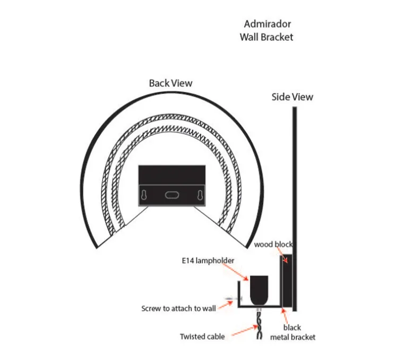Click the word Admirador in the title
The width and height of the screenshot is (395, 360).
267,24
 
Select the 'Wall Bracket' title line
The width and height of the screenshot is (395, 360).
266,37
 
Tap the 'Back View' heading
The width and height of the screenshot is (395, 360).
170,83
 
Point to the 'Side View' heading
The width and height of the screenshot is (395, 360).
292,97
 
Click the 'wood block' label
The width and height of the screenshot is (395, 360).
273,245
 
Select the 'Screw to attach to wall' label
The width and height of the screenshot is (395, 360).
178,308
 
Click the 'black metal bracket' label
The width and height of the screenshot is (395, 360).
293,332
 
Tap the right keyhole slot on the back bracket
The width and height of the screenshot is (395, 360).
200,195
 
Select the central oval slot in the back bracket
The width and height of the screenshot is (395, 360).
172,195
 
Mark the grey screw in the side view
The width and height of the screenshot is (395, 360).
230,300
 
